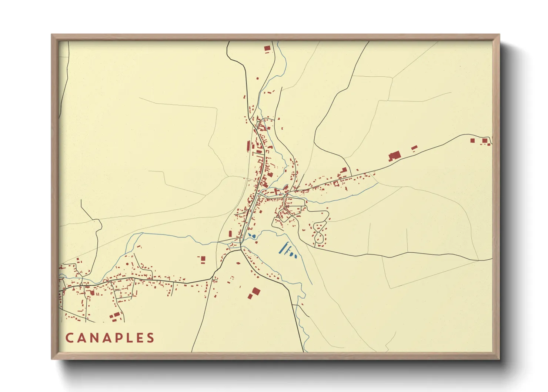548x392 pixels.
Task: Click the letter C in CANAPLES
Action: [70, 338]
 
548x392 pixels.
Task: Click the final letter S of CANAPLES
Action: [150, 338]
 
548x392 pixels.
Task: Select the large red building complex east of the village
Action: [394, 156]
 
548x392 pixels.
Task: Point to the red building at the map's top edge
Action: [267, 48]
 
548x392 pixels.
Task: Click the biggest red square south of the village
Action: [255, 291]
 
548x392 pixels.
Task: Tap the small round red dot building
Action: [127, 264]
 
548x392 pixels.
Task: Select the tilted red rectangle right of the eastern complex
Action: [414, 148]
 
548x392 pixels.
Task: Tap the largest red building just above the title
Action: [116, 315]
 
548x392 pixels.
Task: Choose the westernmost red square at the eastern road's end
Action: [472, 140]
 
